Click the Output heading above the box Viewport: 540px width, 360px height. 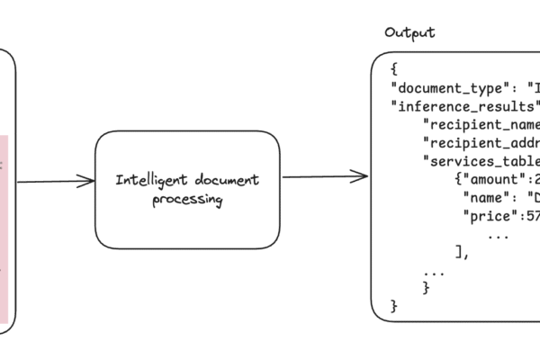tap(409, 33)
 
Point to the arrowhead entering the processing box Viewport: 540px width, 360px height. tap(88, 182)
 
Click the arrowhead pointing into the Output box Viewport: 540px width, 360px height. tap(362, 176)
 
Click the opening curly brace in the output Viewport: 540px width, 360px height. tap(394, 69)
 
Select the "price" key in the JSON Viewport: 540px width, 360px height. tap(490, 216)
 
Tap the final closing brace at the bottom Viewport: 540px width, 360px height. tap(394, 306)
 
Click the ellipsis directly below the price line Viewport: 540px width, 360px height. tap(496, 235)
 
